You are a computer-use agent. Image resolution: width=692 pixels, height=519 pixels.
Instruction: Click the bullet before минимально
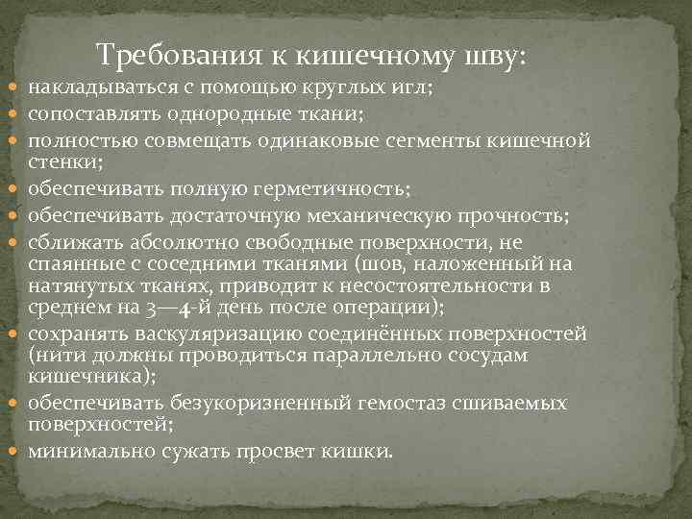point(16,450)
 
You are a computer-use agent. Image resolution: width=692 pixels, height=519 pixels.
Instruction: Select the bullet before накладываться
point(16,89)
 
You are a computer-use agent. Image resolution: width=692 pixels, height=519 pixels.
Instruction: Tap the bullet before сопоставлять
point(16,115)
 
